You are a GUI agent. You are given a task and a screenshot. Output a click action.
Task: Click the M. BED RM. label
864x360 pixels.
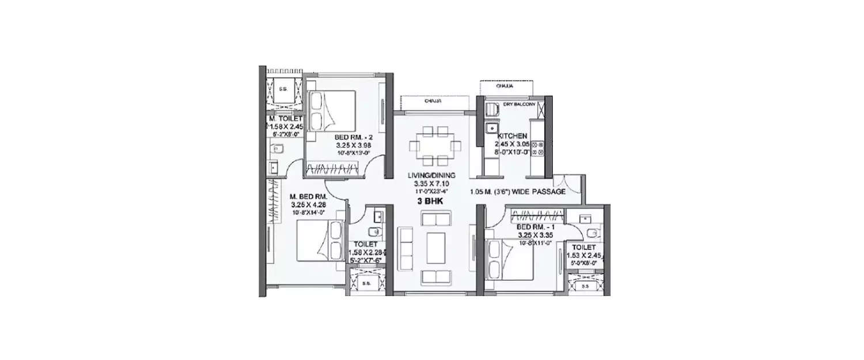[x=308, y=196]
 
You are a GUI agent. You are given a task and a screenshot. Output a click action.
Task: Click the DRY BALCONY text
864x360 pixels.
[x=520, y=104]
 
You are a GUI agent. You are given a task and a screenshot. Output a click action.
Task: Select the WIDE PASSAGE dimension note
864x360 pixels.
[x=517, y=192]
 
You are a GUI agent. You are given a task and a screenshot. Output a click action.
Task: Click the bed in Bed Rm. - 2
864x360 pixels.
[x=331, y=111]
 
